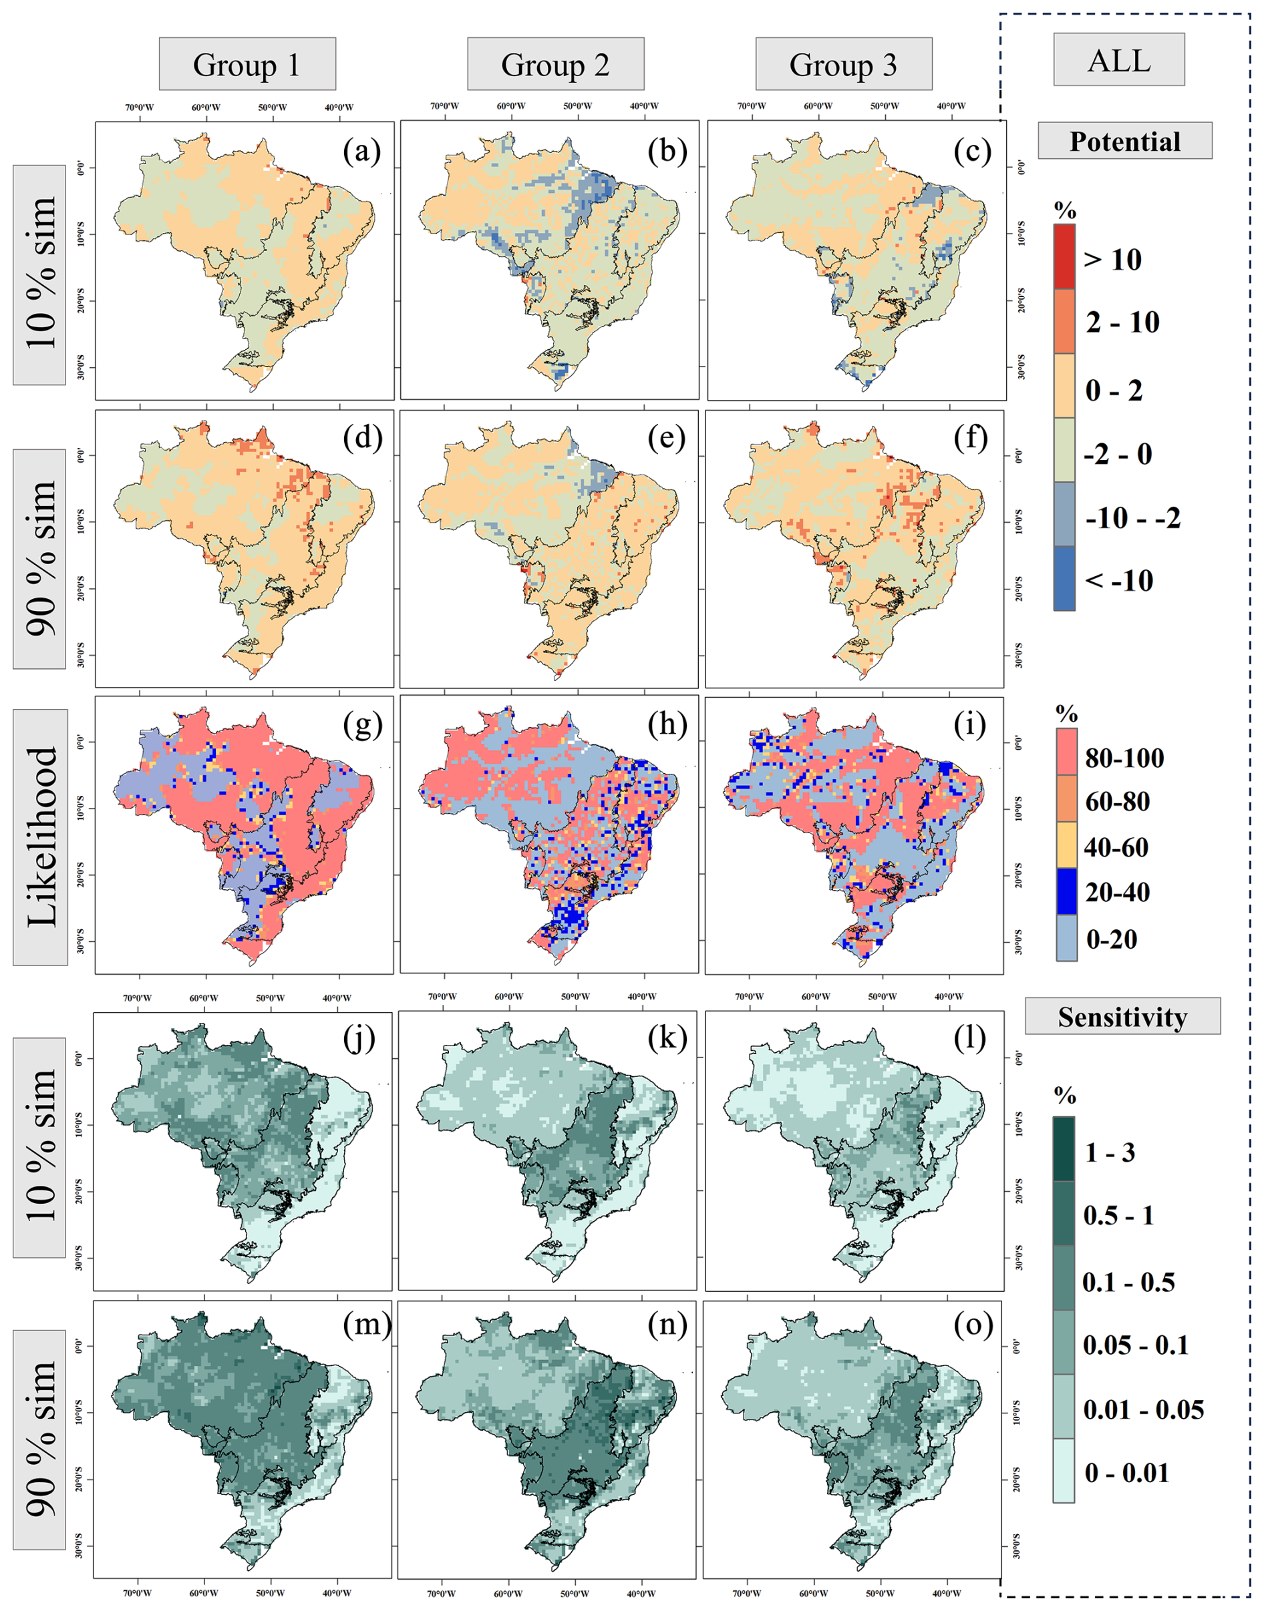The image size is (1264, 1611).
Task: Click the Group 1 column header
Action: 247,64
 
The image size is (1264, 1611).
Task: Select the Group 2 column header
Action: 555,64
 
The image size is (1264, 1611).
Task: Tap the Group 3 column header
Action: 843,64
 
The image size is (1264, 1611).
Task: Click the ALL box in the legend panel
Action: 1118,59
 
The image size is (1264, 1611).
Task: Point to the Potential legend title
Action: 1124,142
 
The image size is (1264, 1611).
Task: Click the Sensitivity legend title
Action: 1122,1017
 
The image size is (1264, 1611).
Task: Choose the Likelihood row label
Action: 41,837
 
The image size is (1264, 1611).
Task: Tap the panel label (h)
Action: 667,726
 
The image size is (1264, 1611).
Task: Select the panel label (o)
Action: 973,1324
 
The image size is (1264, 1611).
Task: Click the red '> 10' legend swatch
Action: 1064,256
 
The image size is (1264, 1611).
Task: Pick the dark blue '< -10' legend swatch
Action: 1064,578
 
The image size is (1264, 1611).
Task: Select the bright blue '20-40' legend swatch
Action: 1066,892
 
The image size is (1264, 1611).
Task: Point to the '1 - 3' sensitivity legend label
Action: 1109,1152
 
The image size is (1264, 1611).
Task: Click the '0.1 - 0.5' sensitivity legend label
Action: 1128,1282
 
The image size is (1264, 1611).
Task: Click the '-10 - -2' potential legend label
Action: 1132,519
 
